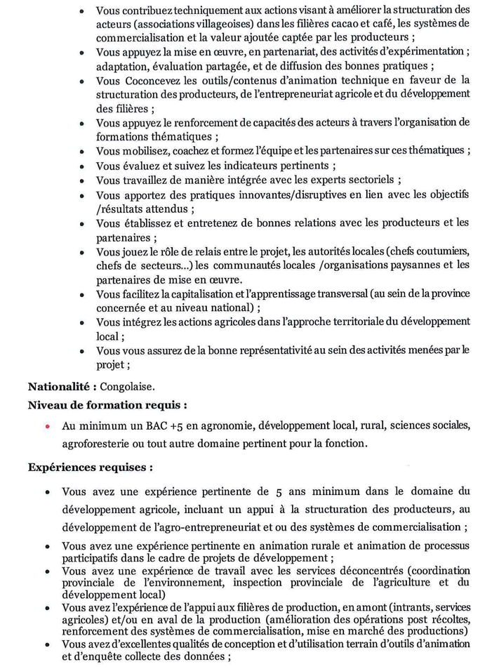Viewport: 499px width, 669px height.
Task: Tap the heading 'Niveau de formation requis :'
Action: coord(107,405)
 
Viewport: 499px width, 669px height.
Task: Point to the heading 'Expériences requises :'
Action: coord(91,466)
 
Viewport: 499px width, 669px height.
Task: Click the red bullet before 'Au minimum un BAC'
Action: coord(47,426)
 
